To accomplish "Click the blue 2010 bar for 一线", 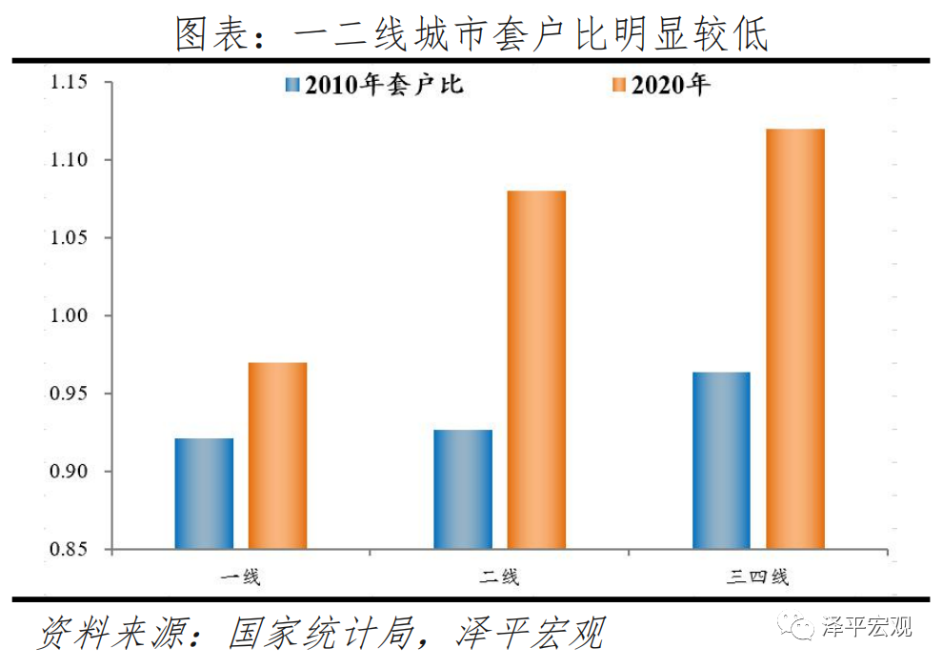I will point(204,494).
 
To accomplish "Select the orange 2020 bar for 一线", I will point(277,455).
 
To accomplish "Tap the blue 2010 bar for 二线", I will point(463,490).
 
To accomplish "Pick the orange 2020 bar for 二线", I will point(536,370).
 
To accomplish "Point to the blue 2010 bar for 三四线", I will point(721,460).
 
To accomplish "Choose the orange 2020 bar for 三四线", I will point(795,339).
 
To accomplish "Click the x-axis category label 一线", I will point(240,577).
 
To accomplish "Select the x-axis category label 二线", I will point(499,577).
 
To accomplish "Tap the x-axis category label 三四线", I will point(758,577).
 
